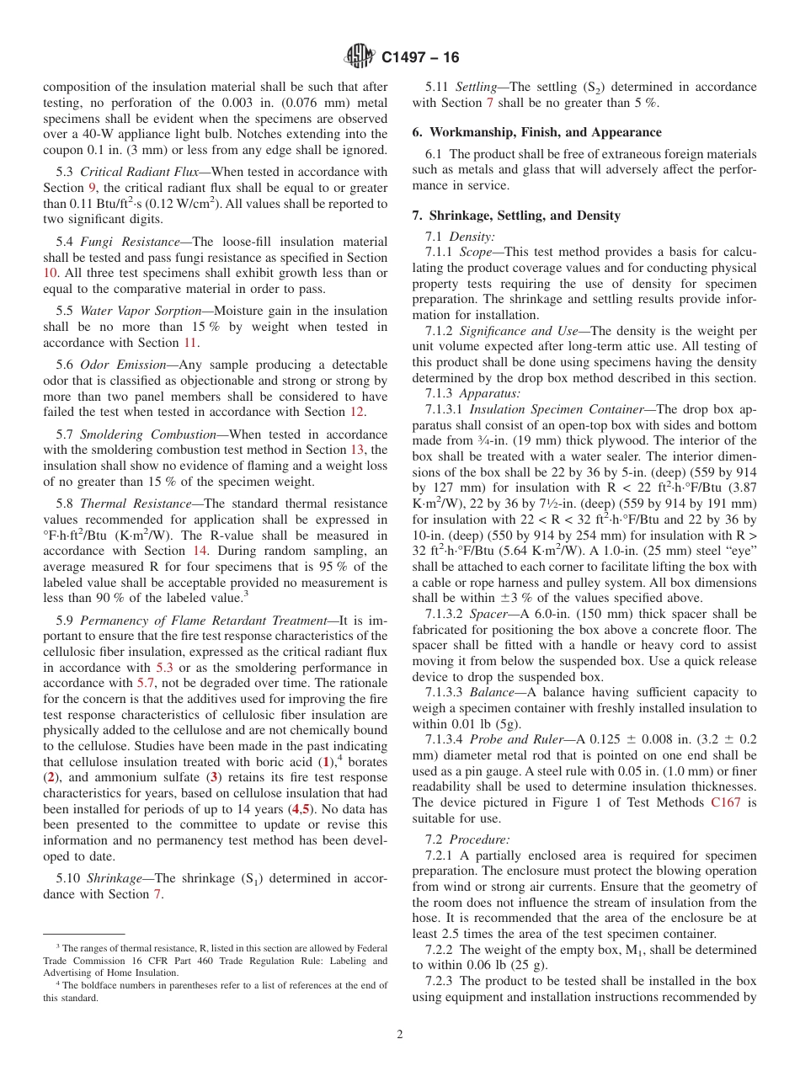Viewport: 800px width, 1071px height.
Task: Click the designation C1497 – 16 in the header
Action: pyautogui.click(x=420, y=57)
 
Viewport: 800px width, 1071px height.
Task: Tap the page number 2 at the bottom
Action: pyautogui.click(x=400, y=1035)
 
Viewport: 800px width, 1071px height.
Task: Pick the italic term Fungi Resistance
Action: pyautogui.click(x=130, y=242)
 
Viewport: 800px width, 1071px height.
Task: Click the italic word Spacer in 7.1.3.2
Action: pyautogui.click(x=489, y=614)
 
